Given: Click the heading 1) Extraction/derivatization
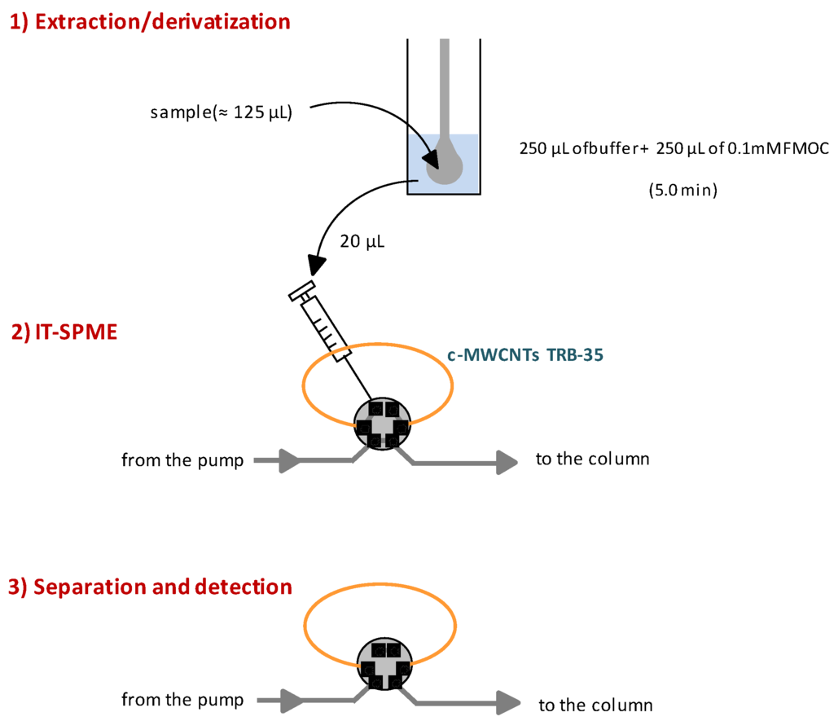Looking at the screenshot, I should click(150, 22).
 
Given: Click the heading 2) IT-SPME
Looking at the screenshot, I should click(64, 332).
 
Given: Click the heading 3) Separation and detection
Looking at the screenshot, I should click(150, 587).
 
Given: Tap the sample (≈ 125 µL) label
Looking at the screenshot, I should click(221, 112).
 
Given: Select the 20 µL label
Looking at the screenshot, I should click(361, 242).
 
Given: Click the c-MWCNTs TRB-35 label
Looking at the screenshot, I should click(525, 355).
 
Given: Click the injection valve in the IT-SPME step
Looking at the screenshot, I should click(382, 424).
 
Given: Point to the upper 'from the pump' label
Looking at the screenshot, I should click(182, 461).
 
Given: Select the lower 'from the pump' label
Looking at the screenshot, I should click(182, 700).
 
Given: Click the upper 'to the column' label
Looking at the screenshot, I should click(592, 459).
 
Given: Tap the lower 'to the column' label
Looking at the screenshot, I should click(595, 705).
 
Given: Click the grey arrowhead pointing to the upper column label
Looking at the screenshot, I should click(507, 463).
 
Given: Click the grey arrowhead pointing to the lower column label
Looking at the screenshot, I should click(511, 702).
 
